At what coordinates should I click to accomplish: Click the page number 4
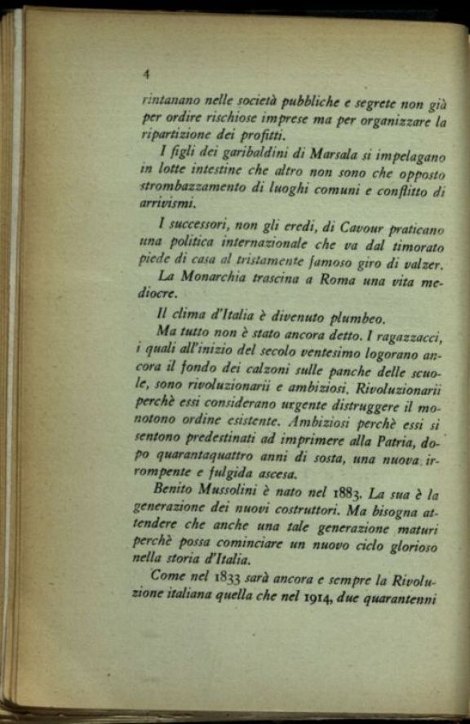(145, 73)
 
